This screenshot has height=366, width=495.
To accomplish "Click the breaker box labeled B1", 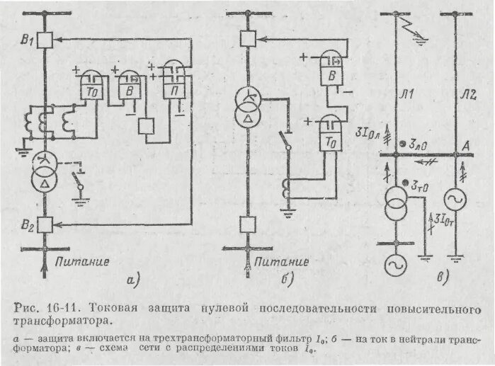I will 45,40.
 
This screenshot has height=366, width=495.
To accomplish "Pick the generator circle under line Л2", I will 453,200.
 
